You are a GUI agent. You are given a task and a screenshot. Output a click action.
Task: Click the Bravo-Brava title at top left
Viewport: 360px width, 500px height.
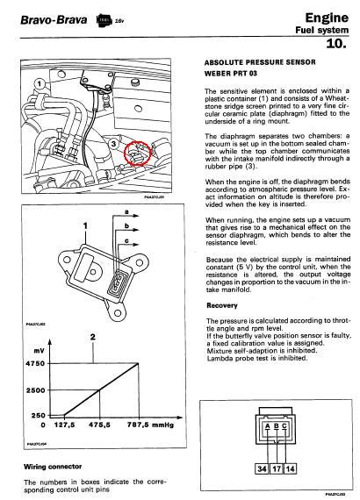point(54,20)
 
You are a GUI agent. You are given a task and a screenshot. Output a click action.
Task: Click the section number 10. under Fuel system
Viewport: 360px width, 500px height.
point(336,44)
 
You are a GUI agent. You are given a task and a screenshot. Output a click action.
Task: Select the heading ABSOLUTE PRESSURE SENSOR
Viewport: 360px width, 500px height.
point(260,62)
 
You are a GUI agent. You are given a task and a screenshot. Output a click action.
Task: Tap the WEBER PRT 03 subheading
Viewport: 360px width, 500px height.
point(231,74)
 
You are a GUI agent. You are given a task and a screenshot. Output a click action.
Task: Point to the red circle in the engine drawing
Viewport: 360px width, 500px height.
point(137,153)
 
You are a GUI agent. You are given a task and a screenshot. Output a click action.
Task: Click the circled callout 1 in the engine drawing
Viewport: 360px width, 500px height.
point(40,84)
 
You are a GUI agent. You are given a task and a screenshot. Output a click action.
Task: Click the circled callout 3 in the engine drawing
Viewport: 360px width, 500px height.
point(113,144)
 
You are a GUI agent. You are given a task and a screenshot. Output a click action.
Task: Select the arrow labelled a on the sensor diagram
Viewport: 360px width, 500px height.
point(126,216)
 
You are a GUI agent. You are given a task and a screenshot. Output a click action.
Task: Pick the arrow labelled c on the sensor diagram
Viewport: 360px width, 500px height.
point(128,245)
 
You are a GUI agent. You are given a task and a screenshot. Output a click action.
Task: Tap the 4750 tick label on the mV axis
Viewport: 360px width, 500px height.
point(35,363)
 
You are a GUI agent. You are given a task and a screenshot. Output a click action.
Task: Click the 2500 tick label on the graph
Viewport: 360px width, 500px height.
point(35,390)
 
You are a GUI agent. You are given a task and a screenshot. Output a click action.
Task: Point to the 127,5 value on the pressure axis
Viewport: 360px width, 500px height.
point(64,425)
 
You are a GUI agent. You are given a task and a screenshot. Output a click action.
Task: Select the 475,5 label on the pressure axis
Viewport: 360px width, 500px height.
point(99,425)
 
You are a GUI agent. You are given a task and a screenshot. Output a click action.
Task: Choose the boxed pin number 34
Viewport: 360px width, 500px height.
point(262,468)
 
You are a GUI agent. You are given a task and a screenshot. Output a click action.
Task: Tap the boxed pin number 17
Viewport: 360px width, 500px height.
point(277,468)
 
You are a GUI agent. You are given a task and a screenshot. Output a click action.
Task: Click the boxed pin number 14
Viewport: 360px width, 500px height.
point(290,468)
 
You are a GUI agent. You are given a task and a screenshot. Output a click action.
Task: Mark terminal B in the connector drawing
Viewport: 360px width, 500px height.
point(277,426)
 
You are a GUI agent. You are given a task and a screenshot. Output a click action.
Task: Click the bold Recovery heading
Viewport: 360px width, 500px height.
point(222,305)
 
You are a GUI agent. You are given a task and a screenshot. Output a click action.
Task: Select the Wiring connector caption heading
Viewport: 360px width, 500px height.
point(53,467)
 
